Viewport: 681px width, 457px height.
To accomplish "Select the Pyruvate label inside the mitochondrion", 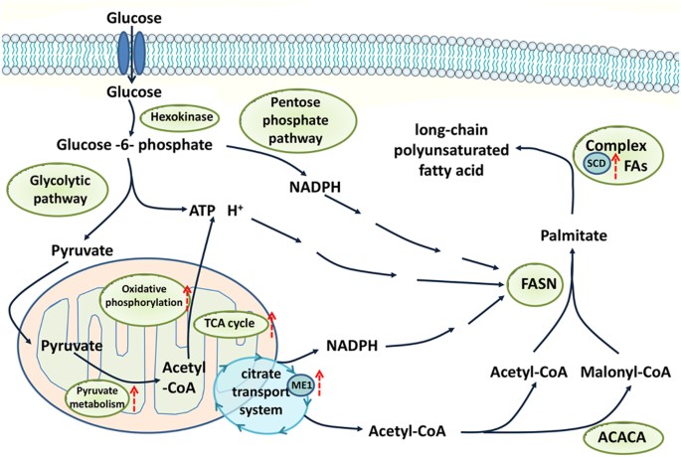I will [x=72, y=347].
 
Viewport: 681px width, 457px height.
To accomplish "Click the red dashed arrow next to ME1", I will [x=319, y=380].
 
